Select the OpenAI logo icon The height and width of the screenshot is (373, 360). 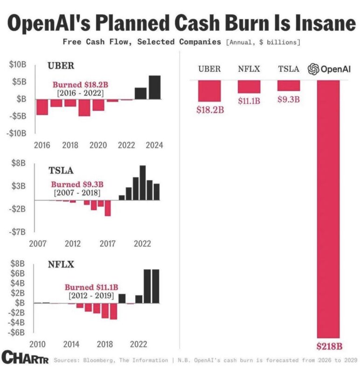pyautogui.click(x=313, y=69)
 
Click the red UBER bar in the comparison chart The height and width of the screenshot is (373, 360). pyautogui.click(x=209, y=91)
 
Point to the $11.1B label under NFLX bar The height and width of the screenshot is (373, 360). pyautogui.click(x=249, y=101)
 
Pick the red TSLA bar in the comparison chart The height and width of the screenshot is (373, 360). pyautogui.click(x=289, y=86)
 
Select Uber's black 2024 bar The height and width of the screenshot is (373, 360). pyautogui.click(x=155, y=87)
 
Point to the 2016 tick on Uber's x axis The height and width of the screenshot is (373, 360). pyautogui.click(x=42, y=145)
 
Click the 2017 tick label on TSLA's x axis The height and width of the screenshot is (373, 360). pyautogui.click(x=108, y=243)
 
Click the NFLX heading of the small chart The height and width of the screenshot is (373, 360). pyautogui.click(x=59, y=265)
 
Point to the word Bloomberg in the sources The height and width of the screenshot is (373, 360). pyautogui.click(x=97, y=360)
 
